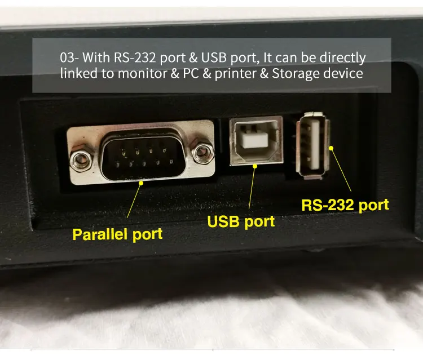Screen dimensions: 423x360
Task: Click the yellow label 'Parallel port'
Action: [117, 234]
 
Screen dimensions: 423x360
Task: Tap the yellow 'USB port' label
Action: [241, 221]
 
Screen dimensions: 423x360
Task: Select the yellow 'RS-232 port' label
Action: [345, 204]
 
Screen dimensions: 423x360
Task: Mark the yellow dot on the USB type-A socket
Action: [332, 148]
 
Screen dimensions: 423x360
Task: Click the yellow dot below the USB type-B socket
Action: [255, 166]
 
